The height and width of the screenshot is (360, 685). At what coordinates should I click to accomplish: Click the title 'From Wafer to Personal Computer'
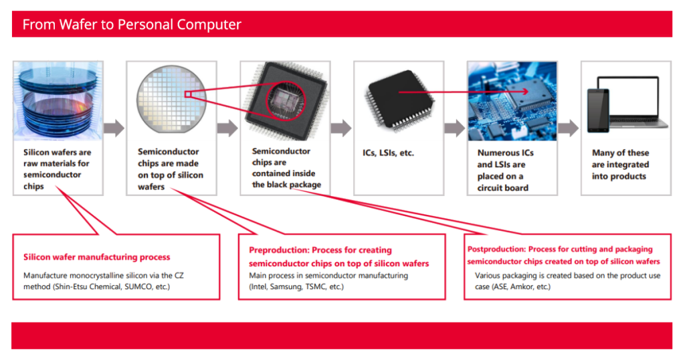click(132, 25)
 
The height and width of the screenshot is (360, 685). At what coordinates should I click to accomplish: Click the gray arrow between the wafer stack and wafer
click(114, 128)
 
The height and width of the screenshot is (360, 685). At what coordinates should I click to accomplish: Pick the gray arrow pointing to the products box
click(568, 128)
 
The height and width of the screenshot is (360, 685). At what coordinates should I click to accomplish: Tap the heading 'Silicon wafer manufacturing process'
click(96, 257)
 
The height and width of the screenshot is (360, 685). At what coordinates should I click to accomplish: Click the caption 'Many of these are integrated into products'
click(620, 165)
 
